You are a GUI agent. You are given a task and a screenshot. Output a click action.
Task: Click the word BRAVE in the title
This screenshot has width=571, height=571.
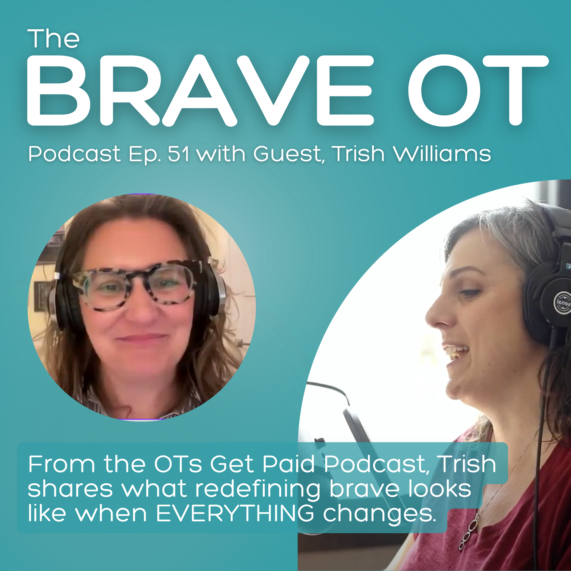[x=201, y=90]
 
